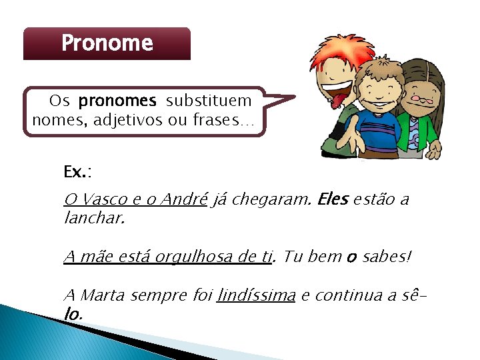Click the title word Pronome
107,44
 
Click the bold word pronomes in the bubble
117,101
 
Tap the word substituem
209,101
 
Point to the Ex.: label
77,172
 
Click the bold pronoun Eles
333,199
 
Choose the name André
184,199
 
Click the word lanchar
94,218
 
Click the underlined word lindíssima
256,295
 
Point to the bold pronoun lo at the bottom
72,313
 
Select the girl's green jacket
427,133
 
